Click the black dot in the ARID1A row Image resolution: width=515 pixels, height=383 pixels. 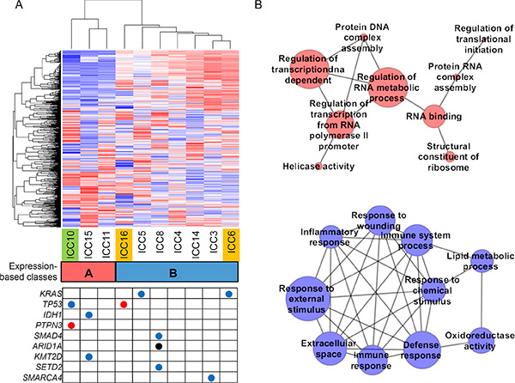(x=159, y=345)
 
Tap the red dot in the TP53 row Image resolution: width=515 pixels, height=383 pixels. (x=124, y=305)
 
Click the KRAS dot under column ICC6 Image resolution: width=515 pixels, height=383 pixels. (x=229, y=295)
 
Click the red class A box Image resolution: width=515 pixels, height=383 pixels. (x=88, y=271)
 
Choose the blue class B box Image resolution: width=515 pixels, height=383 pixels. (x=177, y=271)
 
